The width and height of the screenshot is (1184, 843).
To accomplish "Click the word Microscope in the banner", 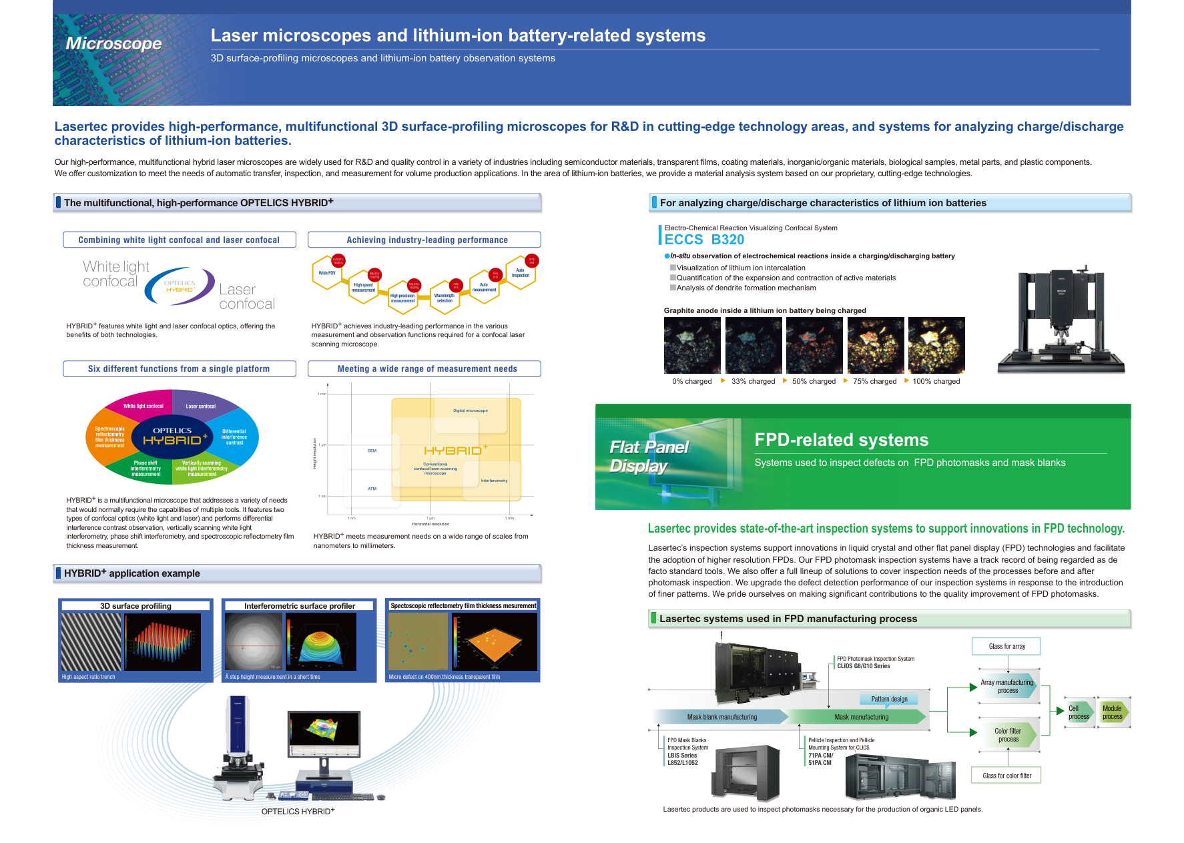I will (113, 43).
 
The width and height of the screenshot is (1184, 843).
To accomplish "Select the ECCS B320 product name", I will (703, 240).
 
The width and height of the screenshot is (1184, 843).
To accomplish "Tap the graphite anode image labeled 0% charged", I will (692, 345).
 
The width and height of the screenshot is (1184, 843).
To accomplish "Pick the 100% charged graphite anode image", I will (936, 345).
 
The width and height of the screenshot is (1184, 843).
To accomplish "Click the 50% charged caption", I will (814, 382).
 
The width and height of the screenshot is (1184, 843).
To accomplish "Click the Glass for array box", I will (1006, 646).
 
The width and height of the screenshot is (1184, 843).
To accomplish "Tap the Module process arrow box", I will (1113, 712).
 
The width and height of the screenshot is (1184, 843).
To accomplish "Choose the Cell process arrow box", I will (1079, 712).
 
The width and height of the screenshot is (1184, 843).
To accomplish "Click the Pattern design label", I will (889, 699).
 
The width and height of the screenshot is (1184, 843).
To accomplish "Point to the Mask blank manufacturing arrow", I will (721, 717).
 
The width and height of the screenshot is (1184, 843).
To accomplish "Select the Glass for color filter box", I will (1006, 776).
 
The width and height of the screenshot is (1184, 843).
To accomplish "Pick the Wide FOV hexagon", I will (327, 273).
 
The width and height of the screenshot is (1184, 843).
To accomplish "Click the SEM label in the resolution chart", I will (372, 451).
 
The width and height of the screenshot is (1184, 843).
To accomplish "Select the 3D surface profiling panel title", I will (135, 606).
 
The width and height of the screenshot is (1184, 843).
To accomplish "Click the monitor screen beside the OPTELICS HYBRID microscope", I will (324, 733).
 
